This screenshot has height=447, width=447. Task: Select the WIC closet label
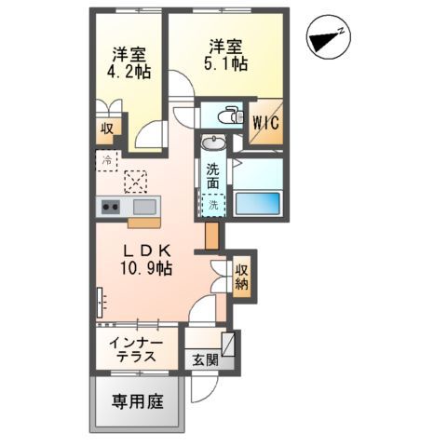(264, 123)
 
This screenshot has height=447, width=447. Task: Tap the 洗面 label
(213, 177)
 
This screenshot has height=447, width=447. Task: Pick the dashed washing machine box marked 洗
(213, 205)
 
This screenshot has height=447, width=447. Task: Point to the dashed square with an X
(135, 180)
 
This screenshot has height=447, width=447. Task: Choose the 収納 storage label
(242, 277)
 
